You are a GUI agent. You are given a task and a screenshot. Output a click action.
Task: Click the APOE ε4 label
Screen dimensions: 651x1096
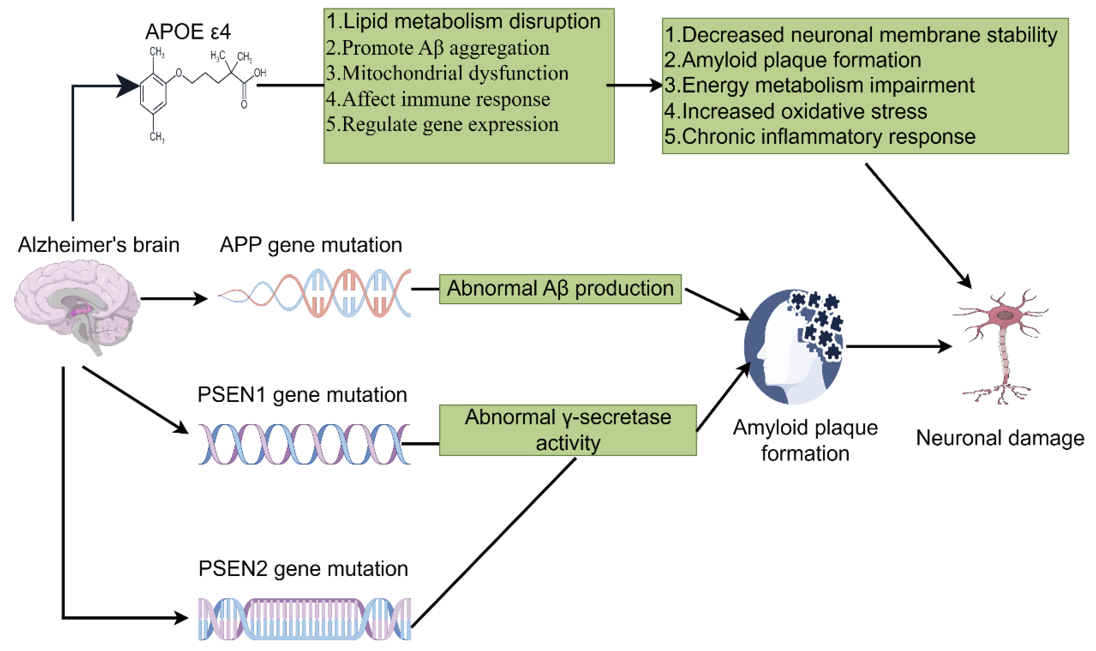pyautogui.click(x=188, y=32)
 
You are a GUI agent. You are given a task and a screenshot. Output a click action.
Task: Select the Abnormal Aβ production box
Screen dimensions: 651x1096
pyautogui.click(x=560, y=289)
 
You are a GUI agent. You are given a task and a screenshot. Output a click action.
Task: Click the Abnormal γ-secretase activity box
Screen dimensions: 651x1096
pyautogui.click(x=568, y=430)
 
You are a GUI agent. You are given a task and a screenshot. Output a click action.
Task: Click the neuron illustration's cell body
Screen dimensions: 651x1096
pyautogui.click(x=1004, y=315)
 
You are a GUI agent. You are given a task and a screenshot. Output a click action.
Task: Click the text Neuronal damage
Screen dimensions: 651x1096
pyautogui.click(x=1000, y=438)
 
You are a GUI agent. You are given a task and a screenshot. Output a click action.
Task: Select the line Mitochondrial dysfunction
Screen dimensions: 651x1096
pyautogui.click(x=447, y=73)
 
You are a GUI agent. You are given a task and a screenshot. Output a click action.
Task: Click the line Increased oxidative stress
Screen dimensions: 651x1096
pyautogui.click(x=796, y=111)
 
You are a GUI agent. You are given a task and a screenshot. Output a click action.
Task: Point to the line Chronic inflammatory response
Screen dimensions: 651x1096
pyautogui.click(x=819, y=136)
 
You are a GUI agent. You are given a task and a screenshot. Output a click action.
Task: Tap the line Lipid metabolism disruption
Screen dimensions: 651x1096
pyautogui.click(x=463, y=21)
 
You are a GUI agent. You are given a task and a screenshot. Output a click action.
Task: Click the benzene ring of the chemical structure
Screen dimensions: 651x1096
pyautogui.click(x=153, y=93)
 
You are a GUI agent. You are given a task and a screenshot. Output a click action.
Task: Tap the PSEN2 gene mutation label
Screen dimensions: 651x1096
pyautogui.click(x=303, y=568)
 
